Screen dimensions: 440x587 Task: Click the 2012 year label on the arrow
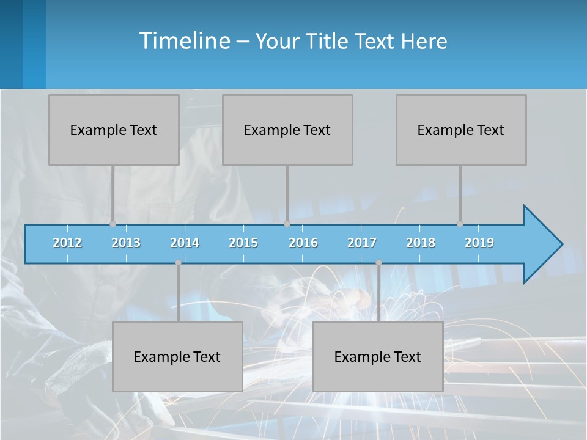pos(67,243)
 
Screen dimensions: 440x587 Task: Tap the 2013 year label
pos(126,243)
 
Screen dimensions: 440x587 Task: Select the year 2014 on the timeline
pos(185,243)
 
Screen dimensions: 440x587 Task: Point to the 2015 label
pos(243,243)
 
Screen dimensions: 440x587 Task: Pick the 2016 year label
pos(303,243)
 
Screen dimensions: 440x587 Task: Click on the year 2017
pos(362,243)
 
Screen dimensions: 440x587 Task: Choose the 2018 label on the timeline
pos(421,243)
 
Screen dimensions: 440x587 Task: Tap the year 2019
pos(479,243)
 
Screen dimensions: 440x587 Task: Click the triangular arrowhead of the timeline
pos(542,244)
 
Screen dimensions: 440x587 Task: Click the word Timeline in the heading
pos(184,41)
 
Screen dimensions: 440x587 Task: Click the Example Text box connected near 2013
pos(114,130)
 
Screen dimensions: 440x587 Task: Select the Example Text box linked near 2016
pos(287,130)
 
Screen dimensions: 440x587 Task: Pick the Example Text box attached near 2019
pos(461,130)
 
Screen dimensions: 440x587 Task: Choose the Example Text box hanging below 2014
pos(177,356)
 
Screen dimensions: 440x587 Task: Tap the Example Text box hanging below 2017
pos(378,356)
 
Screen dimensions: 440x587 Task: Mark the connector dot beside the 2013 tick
pos(113,224)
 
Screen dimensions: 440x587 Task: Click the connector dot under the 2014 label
pos(178,263)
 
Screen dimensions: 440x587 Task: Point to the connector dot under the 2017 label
pos(378,263)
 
